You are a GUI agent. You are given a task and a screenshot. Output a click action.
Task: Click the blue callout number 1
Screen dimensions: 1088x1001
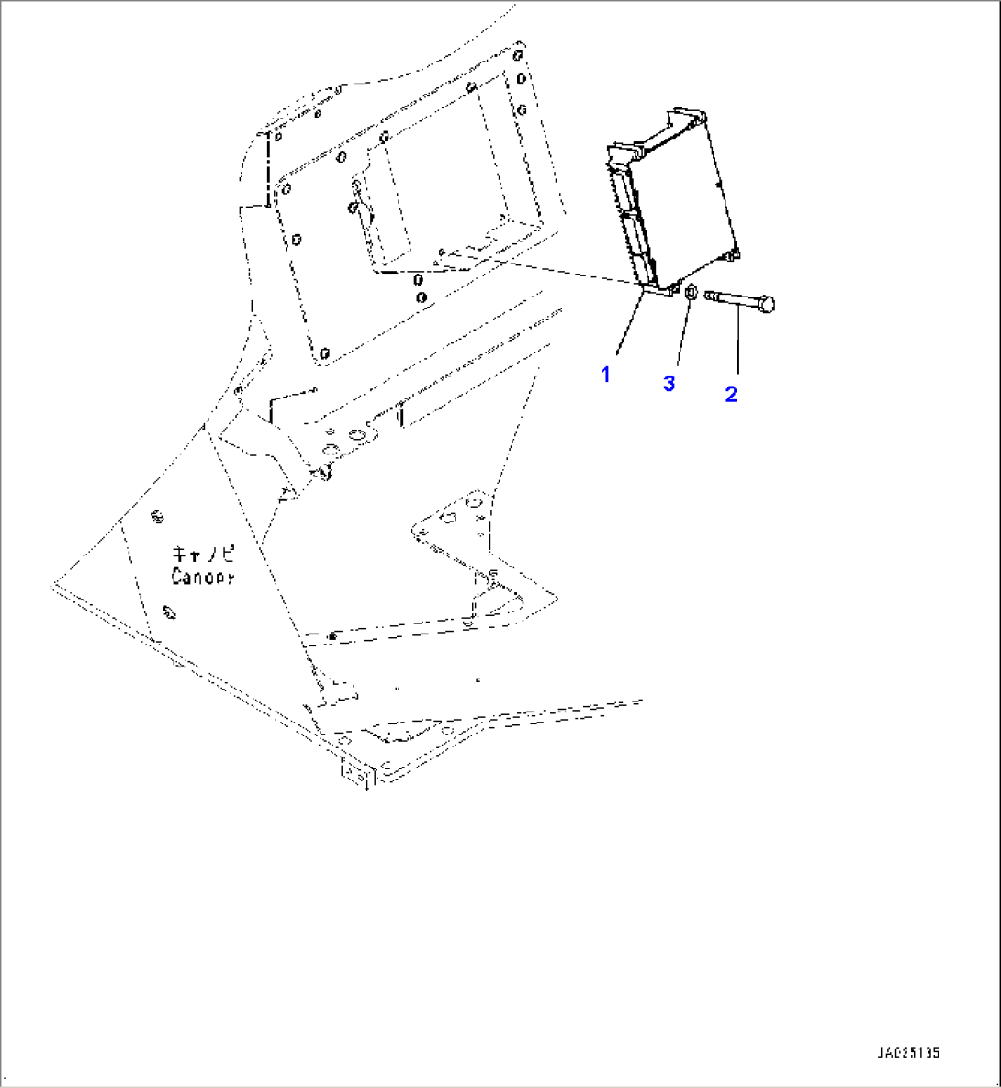(x=605, y=375)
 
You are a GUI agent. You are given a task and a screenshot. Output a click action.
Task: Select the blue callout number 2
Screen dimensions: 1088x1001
(x=731, y=395)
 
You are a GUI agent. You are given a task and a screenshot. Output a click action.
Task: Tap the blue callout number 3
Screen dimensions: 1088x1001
(x=669, y=384)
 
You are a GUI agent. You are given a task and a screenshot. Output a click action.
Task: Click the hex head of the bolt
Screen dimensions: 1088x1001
(x=769, y=302)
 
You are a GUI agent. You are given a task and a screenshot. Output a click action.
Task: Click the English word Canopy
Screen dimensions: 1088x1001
(x=202, y=577)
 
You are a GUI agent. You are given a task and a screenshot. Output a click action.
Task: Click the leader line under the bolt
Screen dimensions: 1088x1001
(x=737, y=344)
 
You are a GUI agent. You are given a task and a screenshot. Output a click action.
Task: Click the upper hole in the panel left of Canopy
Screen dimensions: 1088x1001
(x=158, y=520)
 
